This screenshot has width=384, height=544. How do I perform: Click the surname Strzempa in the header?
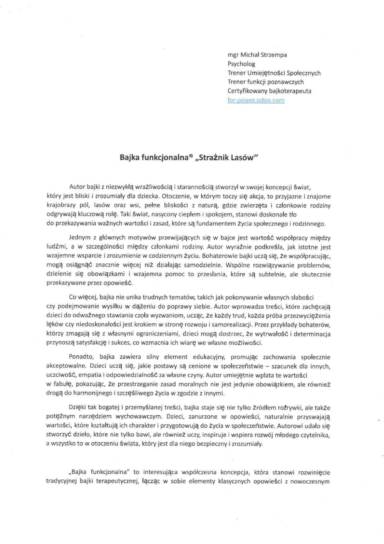[274, 55]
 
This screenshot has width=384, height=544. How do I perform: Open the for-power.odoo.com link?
[256, 100]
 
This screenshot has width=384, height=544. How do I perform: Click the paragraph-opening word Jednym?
[80, 238]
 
